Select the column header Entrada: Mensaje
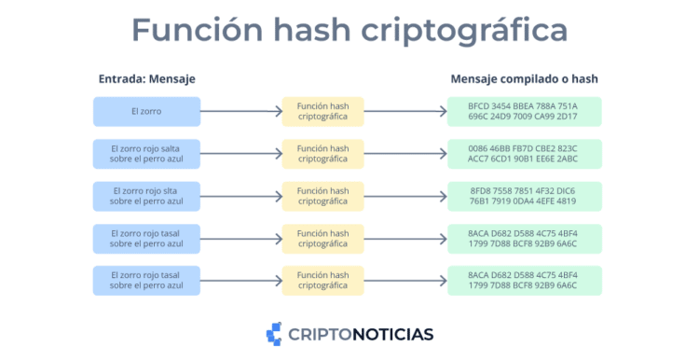[146, 79]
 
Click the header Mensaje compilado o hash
[524, 79]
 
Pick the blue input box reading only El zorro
[146, 112]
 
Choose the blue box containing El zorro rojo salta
[146, 154]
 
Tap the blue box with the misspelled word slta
[146, 196]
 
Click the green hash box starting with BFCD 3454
[524, 112]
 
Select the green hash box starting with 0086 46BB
[524, 154]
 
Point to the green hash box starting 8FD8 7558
[524, 196]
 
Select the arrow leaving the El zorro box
[240, 112]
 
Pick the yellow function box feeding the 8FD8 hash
[322, 196]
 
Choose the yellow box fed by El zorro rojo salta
[322, 154]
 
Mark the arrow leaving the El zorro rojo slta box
[240, 196]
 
